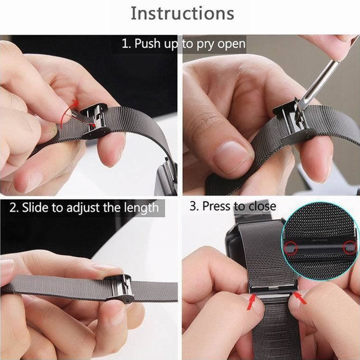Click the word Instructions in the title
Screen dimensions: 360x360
click(183, 13)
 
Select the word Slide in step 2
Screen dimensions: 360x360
click(36, 207)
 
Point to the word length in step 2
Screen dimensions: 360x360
click(142, 208)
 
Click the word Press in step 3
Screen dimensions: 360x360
click(217, 206)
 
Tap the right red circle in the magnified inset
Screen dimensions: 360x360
click(350, 248)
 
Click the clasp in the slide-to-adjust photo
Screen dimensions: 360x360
click(119, 289)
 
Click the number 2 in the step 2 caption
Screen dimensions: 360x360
click(13, 208)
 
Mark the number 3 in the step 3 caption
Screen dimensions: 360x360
click(193, 206)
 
